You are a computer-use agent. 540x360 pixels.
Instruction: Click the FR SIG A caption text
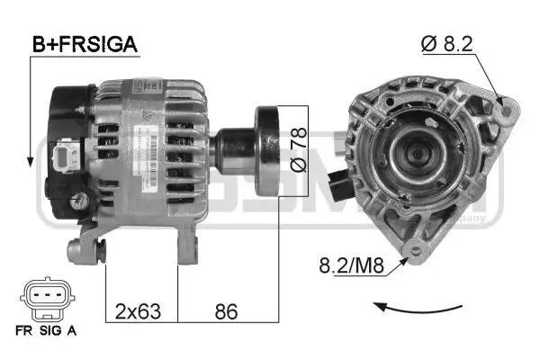(x=45, y=330)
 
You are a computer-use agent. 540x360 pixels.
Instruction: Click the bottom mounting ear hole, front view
(x=415, y=251)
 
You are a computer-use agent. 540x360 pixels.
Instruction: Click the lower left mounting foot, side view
(x=90, y=247)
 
